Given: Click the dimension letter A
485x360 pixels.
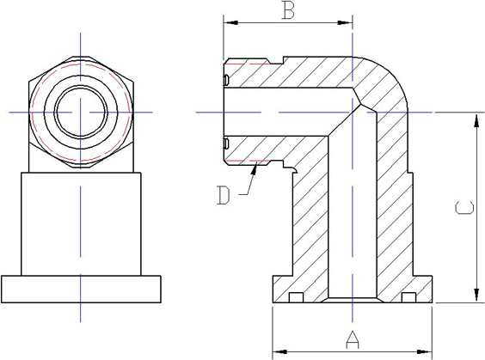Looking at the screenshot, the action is (x=353, y=339).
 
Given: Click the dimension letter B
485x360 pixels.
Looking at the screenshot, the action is (x=288, y=10).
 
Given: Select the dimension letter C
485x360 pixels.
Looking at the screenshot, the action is (x=464, y=208).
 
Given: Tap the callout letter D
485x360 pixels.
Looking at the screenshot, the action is (x=224, y=195).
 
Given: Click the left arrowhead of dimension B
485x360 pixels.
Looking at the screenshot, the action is (x=230, y=22).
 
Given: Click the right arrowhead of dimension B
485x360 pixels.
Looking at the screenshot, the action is (x=345, y=22).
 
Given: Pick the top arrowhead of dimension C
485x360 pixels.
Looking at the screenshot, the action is (x=476, y=120).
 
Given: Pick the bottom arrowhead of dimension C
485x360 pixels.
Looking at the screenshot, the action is (x=476, y=295).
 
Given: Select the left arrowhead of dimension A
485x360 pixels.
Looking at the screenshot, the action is (x=280, y=351).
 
